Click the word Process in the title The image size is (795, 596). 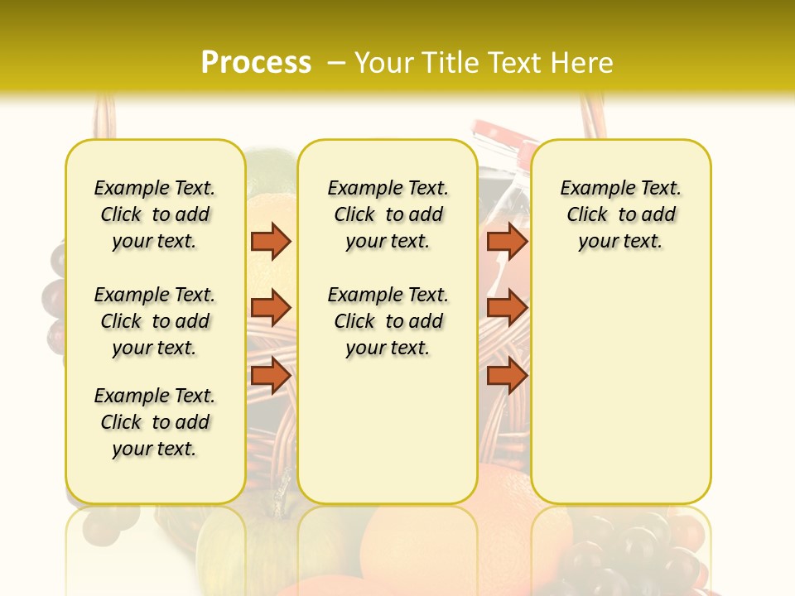coord(256,62)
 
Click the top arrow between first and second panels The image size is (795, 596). coord(271,241)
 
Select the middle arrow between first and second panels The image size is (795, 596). coord(271,308)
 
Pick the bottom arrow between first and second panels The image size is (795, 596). coord(271,376)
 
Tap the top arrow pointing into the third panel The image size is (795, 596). coord(507,241)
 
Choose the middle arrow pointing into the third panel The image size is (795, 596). coord(507,308)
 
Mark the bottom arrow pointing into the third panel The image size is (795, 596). coord(507,376)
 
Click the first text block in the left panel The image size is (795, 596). coord(155,214)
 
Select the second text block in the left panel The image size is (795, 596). coord(155,321)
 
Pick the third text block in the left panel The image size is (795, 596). coord(155,422)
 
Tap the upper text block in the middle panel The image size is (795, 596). coord(388,214)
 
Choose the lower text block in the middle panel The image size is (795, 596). coord(388,321)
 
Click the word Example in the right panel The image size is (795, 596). coord(594,189)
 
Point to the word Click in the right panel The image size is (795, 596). coord(587,215)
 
